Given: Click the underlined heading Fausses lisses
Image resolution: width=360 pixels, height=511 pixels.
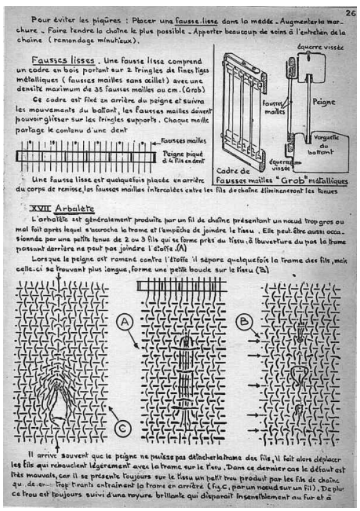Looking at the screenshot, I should (58, 61).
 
